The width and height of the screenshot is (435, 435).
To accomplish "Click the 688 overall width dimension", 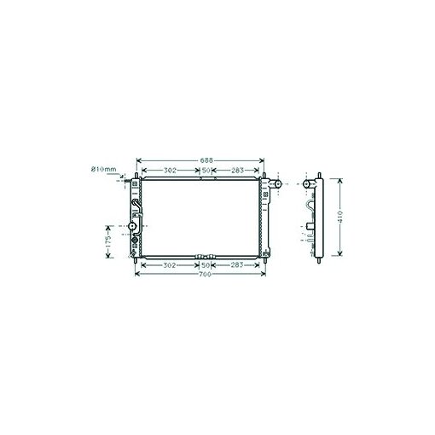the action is click(206, 160).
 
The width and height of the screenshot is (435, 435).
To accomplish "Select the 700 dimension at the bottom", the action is click(205, 274).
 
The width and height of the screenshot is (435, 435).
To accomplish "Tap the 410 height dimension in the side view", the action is click(341, 217).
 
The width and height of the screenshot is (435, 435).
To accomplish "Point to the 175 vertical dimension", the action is click(108, 241).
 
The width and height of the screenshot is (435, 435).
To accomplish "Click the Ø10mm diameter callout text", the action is click(104, 170).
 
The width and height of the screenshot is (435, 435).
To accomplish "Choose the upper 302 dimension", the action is click(170, 171).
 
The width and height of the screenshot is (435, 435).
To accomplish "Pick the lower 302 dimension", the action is click(170, 265).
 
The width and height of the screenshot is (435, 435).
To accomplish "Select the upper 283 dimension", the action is click(237, 171).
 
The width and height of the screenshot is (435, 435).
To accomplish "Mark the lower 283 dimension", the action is click(237, 265).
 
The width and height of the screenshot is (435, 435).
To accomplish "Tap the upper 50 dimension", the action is click(206, 171).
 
